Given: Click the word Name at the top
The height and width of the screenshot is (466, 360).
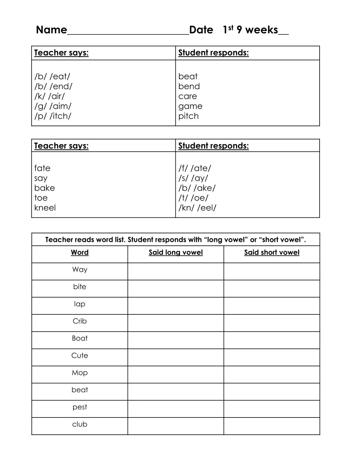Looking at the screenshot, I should [51, 30].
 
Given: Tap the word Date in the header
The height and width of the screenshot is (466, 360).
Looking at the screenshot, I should [201, 30].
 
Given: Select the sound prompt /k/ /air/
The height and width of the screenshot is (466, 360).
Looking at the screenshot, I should [50, 96].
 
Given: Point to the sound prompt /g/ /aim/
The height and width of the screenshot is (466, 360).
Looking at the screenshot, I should [53, 106].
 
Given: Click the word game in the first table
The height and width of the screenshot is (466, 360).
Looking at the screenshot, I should [190, 106].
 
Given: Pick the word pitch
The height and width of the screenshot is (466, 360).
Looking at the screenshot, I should [188, 116].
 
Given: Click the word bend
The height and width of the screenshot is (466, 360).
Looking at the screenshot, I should [189, 87].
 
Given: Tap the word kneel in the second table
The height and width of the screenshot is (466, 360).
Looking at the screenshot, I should [45, 208].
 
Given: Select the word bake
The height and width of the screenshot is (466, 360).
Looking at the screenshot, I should [45, 188].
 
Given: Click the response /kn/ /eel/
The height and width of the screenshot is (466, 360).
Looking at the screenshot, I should [197, 208].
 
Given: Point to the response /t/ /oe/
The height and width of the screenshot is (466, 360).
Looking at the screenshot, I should [193, 198].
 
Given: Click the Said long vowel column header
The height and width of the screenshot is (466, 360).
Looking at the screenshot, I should [175, 253].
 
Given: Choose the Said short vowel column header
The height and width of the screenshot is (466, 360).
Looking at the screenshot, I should [272, 253].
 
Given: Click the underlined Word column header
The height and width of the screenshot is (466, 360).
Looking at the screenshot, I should [80, 253].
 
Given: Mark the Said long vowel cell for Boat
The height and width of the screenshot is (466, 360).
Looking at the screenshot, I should [175, 340].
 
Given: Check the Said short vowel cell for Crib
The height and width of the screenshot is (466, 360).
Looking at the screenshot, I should [272, 323].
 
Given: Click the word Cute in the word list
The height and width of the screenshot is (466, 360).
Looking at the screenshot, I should [80, 356].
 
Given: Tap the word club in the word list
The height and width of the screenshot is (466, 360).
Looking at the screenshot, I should [80, 424].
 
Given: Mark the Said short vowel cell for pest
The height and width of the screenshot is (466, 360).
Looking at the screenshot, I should [272, 409].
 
